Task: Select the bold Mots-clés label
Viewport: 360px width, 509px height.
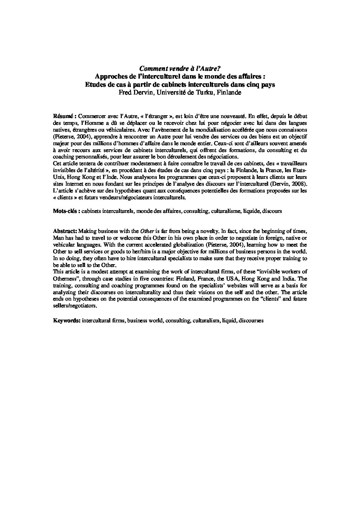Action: click(x=66, y=211)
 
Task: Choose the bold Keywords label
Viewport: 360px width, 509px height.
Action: click(x=67, y=320)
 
